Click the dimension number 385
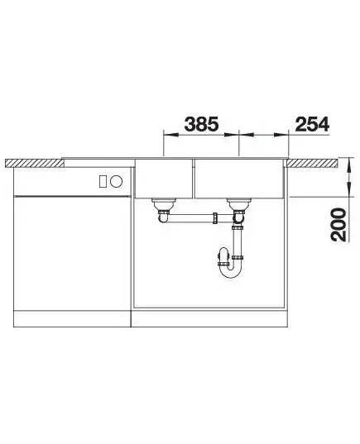pyautogui.click(x=201, y=124)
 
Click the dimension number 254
pyautogui.click(x=312, y=124)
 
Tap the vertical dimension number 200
pyautogui.click(x=338, y=225)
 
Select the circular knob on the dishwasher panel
pyautogui.click(x=116, y=181)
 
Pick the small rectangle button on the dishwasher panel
pyautogui.click(x=103, y=181)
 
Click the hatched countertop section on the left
pyautogui.click(x=35, y=163)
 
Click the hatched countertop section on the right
pyautogui.click(x=312, y=163)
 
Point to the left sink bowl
pyautogui.click(x=163, y=179)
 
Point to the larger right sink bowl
pyautogui.click(x=238, y=179)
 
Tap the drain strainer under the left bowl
pyautogui.click(x=164, y=204)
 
